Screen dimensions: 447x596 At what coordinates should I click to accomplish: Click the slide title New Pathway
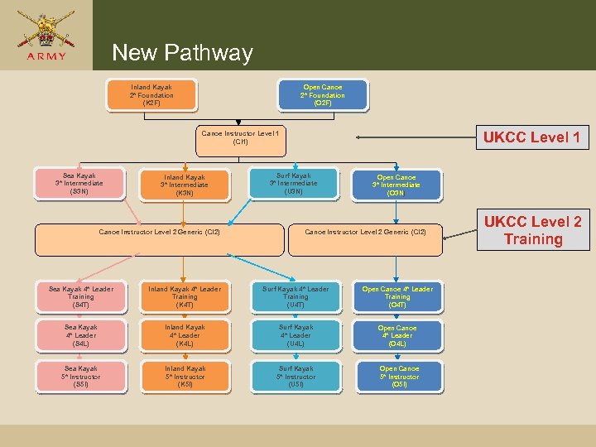coord(182,53)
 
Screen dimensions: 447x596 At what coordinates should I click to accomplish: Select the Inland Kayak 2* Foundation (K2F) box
coord(151,95)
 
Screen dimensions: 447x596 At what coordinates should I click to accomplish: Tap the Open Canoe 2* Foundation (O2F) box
coord(323,95)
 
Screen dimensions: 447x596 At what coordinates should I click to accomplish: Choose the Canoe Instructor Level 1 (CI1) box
coord(241,137)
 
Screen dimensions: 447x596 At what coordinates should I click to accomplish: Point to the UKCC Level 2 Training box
coord(532,231)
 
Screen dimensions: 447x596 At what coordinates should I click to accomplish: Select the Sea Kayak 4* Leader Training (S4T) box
coord(81,297)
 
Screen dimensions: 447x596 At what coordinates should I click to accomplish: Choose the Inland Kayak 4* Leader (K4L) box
coord(185,335)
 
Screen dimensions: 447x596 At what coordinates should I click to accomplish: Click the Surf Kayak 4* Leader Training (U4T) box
coord(296,297)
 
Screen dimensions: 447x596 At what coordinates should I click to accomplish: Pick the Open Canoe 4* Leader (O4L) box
coord(397,336)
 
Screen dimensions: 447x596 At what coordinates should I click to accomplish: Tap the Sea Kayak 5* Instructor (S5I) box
coord(81,377)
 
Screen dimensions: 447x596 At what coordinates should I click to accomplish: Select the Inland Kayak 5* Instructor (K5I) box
coord(185,377)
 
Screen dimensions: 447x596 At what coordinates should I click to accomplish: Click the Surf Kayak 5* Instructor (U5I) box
coord(296,377)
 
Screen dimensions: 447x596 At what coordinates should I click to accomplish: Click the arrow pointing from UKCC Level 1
coord(414,137)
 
